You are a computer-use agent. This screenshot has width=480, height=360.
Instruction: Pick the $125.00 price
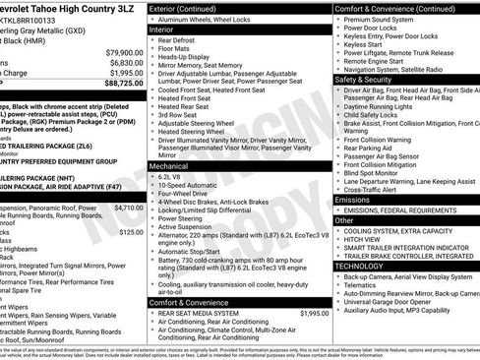[132, 233]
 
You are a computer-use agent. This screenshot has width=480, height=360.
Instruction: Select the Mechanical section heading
[170, 165]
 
